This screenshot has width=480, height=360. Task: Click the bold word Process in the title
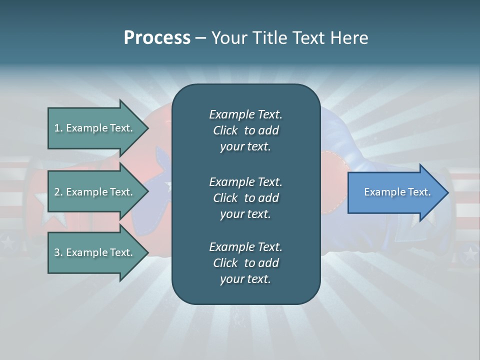click(x=157, y=38)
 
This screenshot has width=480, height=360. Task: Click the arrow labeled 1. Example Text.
click(x=95, y=128)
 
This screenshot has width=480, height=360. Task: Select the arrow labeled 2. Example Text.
click(x=95, y=192)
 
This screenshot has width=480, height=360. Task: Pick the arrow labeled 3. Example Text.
click(x=95, y=252)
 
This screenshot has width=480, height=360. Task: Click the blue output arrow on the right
click(x=395, y=192)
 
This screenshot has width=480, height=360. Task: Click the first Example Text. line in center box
click(x=245, y=114)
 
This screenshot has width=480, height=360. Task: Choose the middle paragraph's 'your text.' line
click(x=245, y=214)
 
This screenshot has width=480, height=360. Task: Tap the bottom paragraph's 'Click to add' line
click(x=245, y=263)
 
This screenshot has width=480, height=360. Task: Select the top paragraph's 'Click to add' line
click(x=245, y=130)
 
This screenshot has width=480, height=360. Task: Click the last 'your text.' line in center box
click(x=245, y=279)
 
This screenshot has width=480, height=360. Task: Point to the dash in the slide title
click(x=200, y=38)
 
